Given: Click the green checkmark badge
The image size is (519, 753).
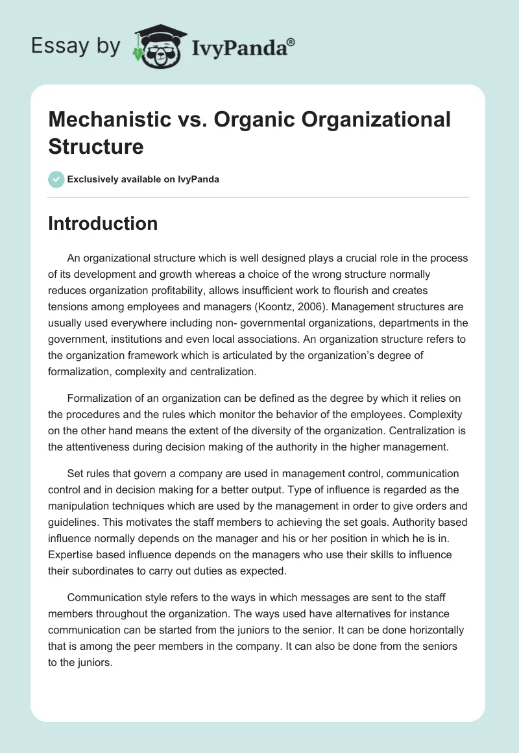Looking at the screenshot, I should point(56,179).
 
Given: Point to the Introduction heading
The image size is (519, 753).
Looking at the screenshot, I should point(103,223).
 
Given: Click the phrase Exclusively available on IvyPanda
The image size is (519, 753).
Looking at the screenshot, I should point(143,179).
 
